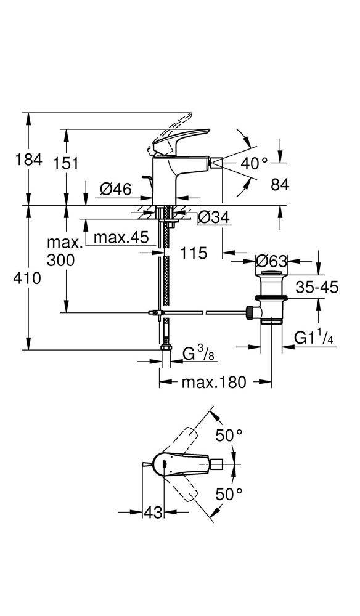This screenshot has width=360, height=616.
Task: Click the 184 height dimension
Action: (x=28, y=160)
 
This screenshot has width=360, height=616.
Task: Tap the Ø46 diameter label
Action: (x=115, y=189)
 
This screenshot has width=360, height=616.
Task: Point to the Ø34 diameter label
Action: (x=213, y=217)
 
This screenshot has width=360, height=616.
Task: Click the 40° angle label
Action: (x=254, y=163)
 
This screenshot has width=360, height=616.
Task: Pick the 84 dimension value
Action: (x=280, y=184)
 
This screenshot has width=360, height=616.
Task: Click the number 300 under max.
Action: (x=60, y=260)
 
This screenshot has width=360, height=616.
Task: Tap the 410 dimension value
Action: (x=27, y=278)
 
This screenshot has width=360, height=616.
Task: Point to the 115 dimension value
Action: (x=194, y=253)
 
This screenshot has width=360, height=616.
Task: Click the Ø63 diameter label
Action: (x=271, y=261)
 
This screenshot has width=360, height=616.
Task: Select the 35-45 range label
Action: (x=317, y=288)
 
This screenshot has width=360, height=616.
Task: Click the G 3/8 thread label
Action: (x=199, y=355)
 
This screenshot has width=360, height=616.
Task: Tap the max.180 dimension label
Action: (x=214, y=382)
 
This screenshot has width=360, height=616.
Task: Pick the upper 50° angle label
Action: (x=229, y=435)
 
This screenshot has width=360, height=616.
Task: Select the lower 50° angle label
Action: (x=229, y=493)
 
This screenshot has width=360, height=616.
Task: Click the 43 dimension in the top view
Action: (x=153, y=513)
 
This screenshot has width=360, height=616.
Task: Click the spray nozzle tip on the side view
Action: (x=218, y=162)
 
